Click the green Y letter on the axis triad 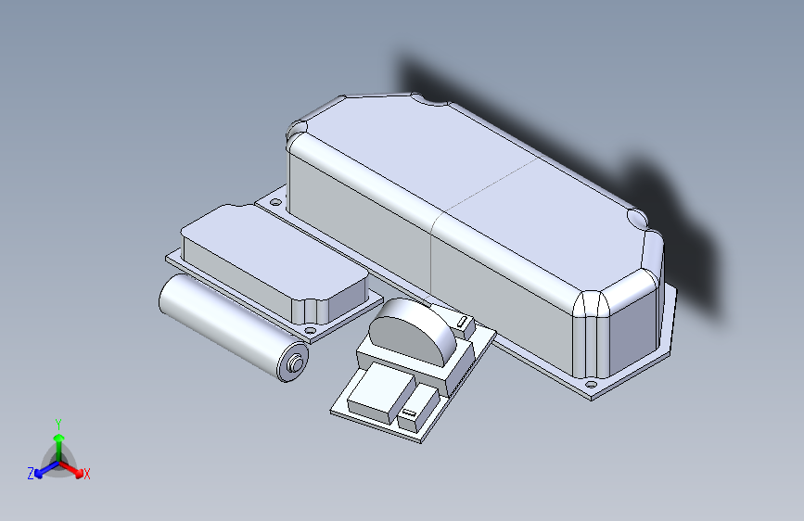57,422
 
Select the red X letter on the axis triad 87,475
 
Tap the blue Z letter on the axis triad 31,474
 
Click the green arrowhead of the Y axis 57,437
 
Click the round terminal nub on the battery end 296,363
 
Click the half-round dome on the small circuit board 408,329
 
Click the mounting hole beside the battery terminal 311,329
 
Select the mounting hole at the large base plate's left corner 274,199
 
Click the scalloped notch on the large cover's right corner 637,220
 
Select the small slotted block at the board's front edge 409,413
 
